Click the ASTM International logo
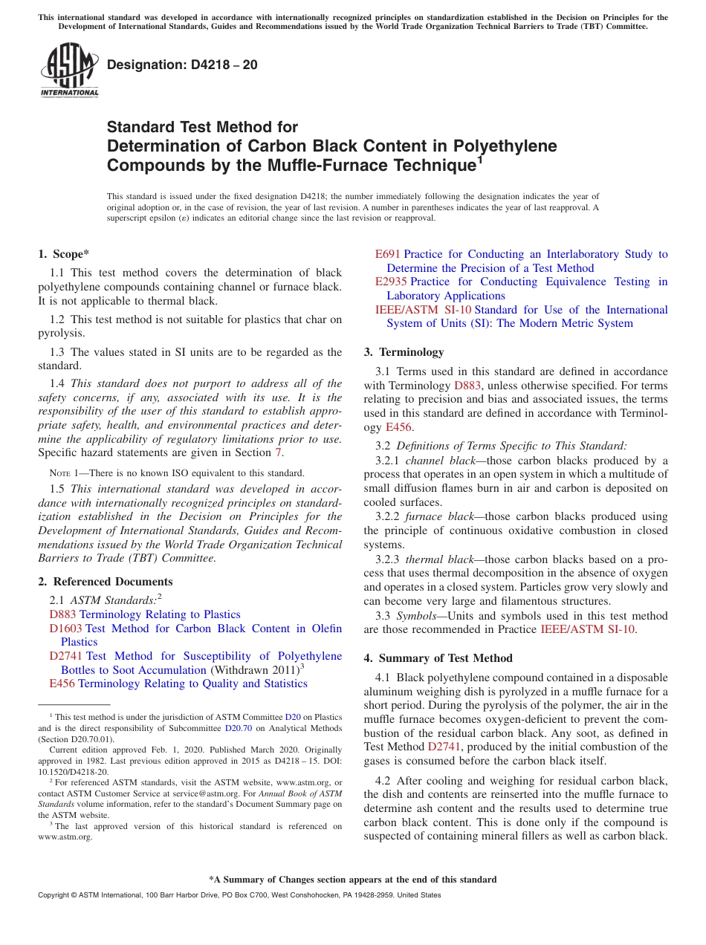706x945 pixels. (x=69, y=70)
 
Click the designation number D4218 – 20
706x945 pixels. (x=182, y=65)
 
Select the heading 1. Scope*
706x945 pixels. (x=64, y=254)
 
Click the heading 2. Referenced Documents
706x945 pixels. (x=106, y=582)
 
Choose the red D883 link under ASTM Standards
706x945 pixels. (x=63, y=614)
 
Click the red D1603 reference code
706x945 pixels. (x=65, y=629)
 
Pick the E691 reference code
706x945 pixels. (x=388, y=254)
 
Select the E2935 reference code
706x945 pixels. (x=391, y=282)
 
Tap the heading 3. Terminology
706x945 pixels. (x=404, y=352)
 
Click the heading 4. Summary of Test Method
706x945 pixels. (x=438, y=658)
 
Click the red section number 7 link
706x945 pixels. (x=279, y=452)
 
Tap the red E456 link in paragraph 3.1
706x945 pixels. (x=398, y=427)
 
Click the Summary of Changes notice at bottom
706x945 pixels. (x=352, y=880)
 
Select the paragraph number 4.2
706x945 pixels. (x=383, y=781)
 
